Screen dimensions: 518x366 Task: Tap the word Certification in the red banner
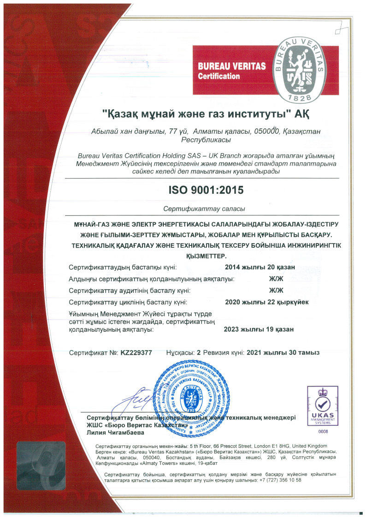point(219,76)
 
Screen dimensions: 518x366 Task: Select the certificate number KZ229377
point(136,353)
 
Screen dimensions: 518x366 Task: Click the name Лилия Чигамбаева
point(115,433)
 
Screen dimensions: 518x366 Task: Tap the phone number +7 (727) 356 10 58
point(280,480)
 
